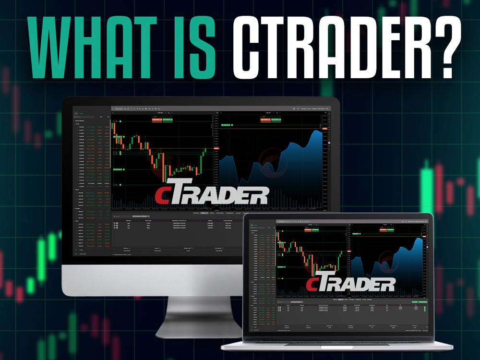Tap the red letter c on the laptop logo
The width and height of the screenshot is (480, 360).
[x=313, y=284]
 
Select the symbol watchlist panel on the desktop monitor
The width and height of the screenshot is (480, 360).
[x=91, y=182]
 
